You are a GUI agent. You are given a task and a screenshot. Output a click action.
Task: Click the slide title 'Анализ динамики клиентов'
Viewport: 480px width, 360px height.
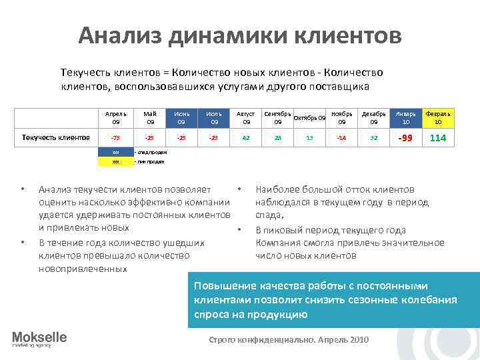[x=240, y=35]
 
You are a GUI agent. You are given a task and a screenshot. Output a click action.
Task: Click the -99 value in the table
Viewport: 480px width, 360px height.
[x=406, y=138]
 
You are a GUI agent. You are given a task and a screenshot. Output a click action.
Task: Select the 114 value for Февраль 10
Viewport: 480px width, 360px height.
[x=438, y=138]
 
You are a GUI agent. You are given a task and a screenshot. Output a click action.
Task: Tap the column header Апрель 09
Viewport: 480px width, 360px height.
[x=116, y=118]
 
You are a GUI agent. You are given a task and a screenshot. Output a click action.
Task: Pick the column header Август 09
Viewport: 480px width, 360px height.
[x=246, y=118]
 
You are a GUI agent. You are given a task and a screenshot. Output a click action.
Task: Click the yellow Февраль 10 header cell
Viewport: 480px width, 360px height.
[x=438, y=118]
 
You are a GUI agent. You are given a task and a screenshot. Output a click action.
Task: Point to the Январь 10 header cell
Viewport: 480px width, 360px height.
[x=406, y=118]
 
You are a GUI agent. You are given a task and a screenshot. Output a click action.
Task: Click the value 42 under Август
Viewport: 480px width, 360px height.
[x=246, y=138]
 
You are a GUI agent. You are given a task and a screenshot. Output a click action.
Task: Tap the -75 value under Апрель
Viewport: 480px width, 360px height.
[x=116, y=138]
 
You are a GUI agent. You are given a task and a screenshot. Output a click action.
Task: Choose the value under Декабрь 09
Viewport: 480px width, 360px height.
[x=374, y=138]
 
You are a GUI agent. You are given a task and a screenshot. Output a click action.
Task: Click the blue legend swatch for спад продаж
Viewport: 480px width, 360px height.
[x=116, y=152]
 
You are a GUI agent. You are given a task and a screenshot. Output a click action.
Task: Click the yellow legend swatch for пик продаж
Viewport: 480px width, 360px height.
[x=116, y=161]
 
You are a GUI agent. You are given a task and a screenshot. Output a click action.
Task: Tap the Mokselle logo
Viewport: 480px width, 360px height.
[x=39, y=339]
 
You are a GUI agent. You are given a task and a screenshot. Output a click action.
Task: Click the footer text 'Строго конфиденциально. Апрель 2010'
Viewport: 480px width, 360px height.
[x=289, y=339]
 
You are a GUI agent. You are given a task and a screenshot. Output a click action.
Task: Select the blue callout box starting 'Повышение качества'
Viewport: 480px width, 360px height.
[x=333, y=299]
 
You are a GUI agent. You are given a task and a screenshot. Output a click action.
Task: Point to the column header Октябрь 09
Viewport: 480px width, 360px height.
[x=309, y=118]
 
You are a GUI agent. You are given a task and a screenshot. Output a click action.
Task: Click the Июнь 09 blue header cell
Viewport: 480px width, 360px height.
[x=181, y=118]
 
